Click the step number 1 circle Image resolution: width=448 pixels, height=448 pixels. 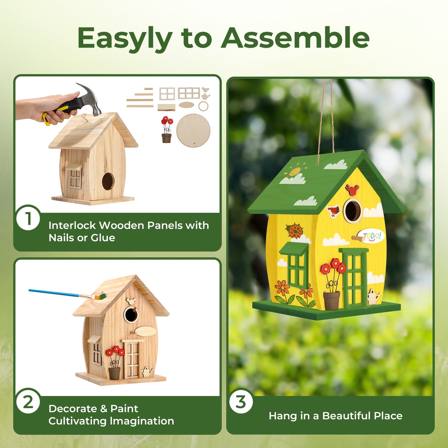(28, 219)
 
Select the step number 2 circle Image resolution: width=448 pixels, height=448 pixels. (28, 402)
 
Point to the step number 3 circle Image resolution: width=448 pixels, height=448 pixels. (241, 402)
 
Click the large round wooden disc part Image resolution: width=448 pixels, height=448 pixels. (193, 130)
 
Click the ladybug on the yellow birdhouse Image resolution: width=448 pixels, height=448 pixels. (294, 231)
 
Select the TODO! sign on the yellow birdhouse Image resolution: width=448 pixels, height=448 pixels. (371, 236)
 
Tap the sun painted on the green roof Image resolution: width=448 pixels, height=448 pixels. (295, 171)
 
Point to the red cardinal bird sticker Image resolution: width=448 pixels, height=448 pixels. (334, 211)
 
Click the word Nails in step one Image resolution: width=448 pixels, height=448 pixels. (61, 238)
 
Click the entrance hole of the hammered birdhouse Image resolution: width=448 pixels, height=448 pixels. (108, 181)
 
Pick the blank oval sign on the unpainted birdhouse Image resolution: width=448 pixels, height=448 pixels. (145, 331)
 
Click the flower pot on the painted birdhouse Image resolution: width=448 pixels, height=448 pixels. (331, 300)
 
